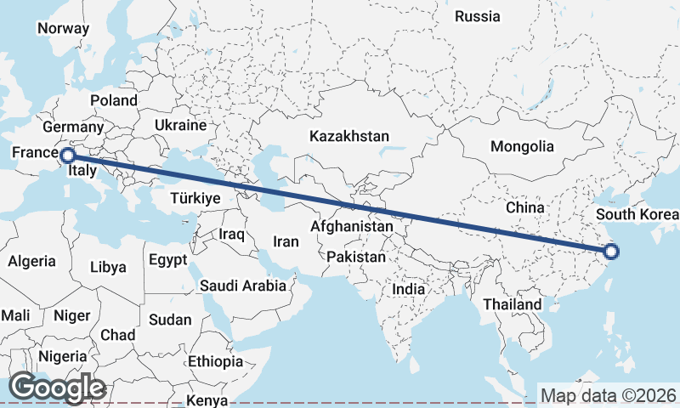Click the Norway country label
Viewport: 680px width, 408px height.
click(x=63, y=28)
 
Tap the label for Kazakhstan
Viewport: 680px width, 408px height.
click(x=349, y=136)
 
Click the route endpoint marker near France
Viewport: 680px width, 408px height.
click(x=67, y=155)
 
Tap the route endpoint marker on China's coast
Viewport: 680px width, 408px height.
click(x=611, y=251)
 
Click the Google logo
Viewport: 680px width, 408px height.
click(x=57, y=388)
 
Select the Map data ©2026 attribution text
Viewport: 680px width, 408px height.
click(x=609, y=395)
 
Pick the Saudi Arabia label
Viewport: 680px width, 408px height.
click(x=243, y=286)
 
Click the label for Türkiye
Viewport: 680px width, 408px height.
click(x=195, y=197)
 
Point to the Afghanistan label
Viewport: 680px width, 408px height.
click(x=352, y=227)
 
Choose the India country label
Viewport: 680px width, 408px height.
click(x=408, y=289)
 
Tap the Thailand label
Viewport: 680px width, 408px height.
click(x=512, y=304)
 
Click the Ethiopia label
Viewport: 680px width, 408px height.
click(x=216, y=361)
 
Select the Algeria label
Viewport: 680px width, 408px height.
click(x=32, y=262)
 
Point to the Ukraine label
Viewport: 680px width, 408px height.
click(x=180, y=125)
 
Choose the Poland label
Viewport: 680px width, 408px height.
click(x=114, y=100)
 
